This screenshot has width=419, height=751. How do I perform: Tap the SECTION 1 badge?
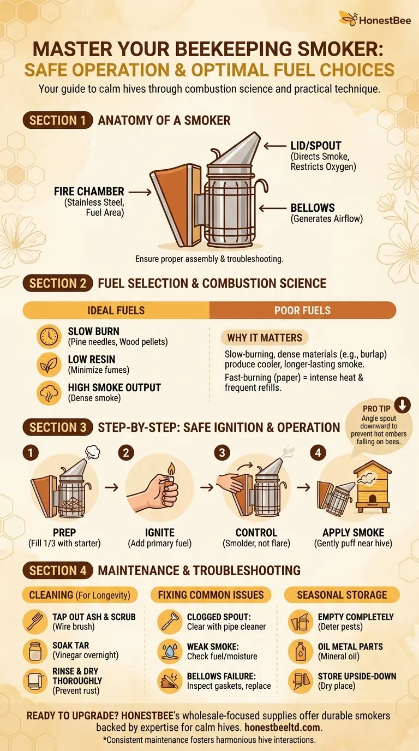point(57,121)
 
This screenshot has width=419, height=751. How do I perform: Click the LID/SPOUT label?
point(316,146)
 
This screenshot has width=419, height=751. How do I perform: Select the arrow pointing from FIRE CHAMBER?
point(140,192)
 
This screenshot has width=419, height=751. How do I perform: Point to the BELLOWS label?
point(313,208)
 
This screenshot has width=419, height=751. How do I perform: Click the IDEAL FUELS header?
point(116,311)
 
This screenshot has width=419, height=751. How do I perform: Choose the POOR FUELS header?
point(302,311)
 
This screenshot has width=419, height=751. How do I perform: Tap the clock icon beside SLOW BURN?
point(49,337)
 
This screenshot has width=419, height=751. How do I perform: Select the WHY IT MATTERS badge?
point(264,338)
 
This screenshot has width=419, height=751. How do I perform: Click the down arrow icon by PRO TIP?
point(402,405)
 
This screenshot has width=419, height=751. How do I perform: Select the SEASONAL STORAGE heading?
point(342,595)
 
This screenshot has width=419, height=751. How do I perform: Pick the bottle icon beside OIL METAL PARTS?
point(300,651)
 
